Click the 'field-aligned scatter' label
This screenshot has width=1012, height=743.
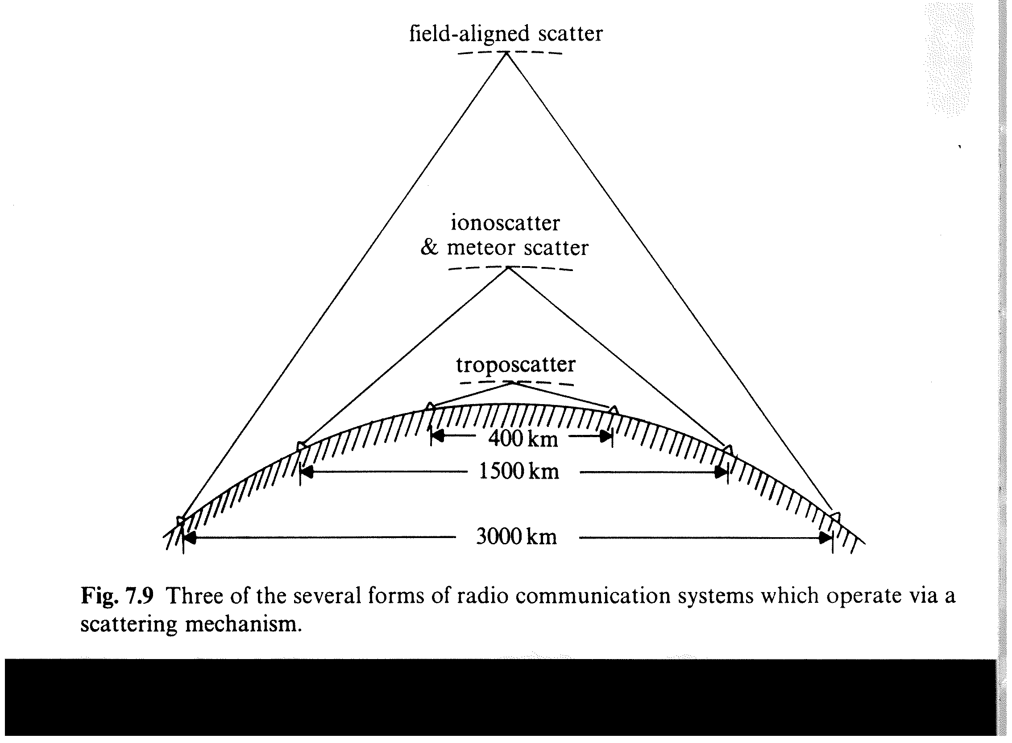pyautogui.click(x=506, y=34)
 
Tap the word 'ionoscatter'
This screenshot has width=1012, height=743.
pyautogui.click(x=505, y=223)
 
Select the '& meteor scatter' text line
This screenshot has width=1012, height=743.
pyautogui.click(x=504, y=248)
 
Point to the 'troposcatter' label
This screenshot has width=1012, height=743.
pyautogui.click(x=515, y=364)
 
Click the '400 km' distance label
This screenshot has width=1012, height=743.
pyautogui.click(x=523, y=438)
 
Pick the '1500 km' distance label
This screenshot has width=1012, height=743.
pyautogui.click(x=519, y=472)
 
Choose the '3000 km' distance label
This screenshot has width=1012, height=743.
pyautogui.click(x=516, y=537)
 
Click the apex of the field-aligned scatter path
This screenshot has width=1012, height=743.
pyautogui.click(x=507, y=53)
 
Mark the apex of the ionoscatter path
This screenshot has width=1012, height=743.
pyautogui.click(x=508, y=268)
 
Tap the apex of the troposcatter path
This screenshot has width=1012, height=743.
pyautogui.click(x=514, y=383)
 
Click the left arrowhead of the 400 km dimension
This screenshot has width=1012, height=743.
pyautogui.click(x=438, y=436)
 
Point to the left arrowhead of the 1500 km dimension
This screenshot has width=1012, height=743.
pyautogui.click(x=307, y=472)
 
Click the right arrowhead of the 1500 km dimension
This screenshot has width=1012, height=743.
pyautogui.click(x=721, y=472)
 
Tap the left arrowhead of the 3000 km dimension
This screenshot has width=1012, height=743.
pyautogui.click(x=190, y=538)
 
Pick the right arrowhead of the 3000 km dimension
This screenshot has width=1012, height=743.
pyautogui.click(x=825, y=538)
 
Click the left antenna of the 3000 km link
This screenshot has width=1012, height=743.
pyautogui.click(x=181, y=520)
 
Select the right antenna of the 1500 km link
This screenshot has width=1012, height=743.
pyautogui.click(x=728, y=450)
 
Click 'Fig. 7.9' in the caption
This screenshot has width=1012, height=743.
pyautogui.click(x=117, y=596)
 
